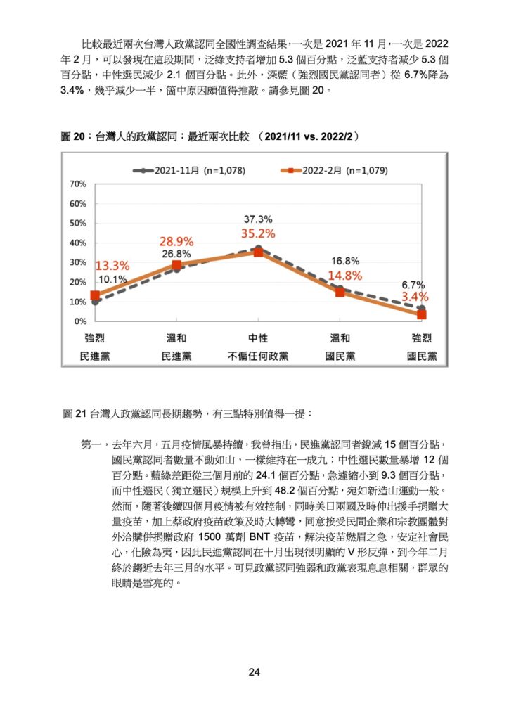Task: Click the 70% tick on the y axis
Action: [x=77, y=184]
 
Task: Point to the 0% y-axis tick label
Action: [x=80, y=321]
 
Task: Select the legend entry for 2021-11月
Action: [x=189, y=171]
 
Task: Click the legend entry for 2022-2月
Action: [x=334, y=171]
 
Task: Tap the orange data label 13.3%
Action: [x=112, y=266]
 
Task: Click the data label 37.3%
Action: [x=258, y=219]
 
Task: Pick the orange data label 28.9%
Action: [x=176, y=242]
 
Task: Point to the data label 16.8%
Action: [x=345, y=262]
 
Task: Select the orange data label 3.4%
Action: [x=415, y=297]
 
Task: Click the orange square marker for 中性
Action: [x=259, y=252]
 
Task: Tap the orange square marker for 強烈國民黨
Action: [x=422, y=314]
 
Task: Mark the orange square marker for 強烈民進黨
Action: [x=95, y=295]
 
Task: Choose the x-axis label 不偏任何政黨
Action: [x=258, y=356]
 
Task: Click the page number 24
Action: [x=254, y=672]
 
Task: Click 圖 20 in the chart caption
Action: [x=73, y=136]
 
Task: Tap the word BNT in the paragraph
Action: [x=259, y=537]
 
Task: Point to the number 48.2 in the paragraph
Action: [x=285, y=491]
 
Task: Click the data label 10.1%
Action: [x=112, y=279]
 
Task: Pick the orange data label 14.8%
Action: [x=345, y=276]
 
